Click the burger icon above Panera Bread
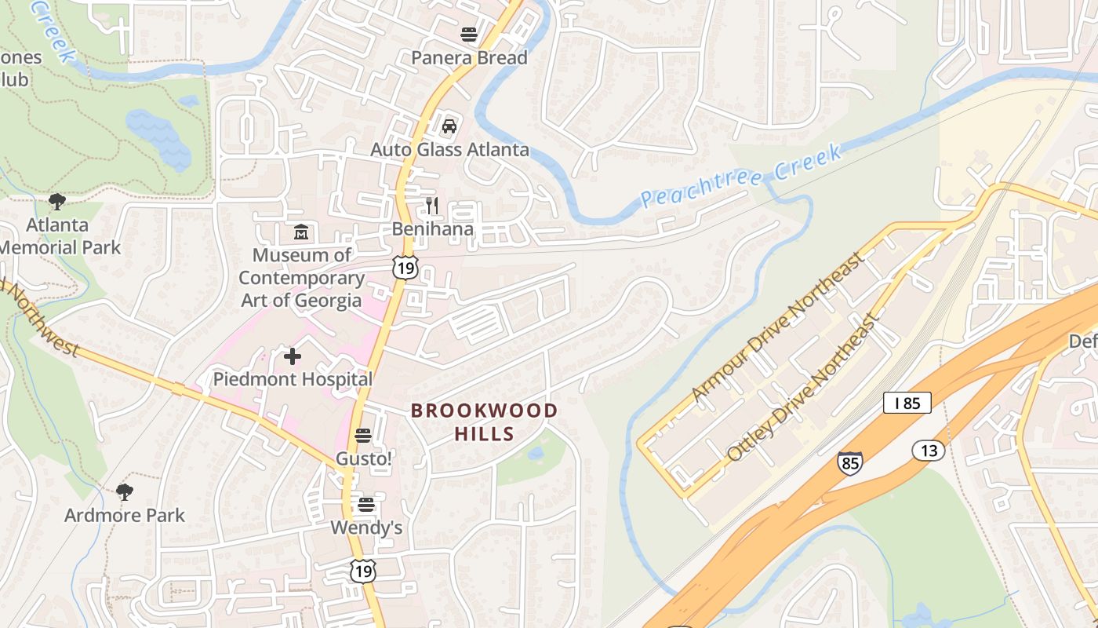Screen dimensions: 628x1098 click(469, 35)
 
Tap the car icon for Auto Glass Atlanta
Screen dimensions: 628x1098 click(449, 126)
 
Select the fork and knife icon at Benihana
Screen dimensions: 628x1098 click(432, 206)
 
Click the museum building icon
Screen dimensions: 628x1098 click(301, 232)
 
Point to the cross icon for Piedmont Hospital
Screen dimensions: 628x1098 click(293, 357)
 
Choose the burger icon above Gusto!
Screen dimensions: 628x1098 click(362, 435)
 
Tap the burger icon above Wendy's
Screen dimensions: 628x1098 click(366, 505)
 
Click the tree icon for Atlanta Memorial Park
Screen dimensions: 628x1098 click(57, 202)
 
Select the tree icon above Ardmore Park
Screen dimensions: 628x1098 click(124, 492)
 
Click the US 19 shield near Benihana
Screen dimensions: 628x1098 click(405, 267)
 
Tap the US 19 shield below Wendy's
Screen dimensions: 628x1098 click(362, 571)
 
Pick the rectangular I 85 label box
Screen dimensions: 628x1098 click(907, 403)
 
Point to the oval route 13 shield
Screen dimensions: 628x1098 click(929, 451)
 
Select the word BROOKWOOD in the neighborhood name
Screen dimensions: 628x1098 click(484, 411)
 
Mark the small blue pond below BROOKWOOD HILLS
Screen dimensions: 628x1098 click(536, 454)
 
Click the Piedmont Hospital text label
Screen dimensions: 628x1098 click(293, 379)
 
